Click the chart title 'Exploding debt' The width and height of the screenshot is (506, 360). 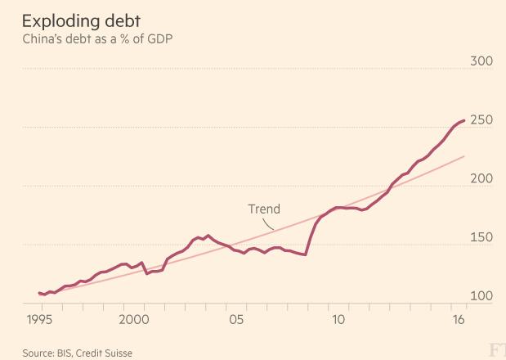(81, 18)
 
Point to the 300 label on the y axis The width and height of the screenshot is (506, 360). (481, 61)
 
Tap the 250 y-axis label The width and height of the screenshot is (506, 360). (481, 120)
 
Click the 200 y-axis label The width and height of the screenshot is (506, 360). (481, 179)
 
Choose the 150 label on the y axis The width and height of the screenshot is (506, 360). (481, 238)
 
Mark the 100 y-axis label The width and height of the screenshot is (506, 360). (481, 297)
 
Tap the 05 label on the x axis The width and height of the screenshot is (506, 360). (237, 319)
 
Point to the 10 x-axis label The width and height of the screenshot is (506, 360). (337, 319)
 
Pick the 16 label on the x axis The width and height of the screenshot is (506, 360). (458, 319)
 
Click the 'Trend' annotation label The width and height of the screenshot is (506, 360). (264, 209)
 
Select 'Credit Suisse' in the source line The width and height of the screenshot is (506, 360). (105, 353)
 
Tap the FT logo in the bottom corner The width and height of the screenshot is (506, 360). (495, 350)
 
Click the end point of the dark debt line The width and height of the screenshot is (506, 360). (465, 120)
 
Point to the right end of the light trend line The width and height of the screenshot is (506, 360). (465, 156)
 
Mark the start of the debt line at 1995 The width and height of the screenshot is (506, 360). (38, 293)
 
